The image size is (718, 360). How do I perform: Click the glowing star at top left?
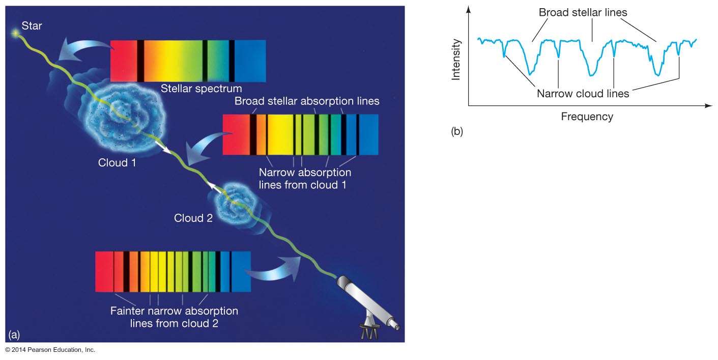[15, 33]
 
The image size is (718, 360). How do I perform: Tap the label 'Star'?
[32, 25]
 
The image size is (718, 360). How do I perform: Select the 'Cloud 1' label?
[117, 162]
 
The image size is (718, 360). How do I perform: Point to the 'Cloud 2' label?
[193, 218]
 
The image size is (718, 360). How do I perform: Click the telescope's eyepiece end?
[396, 326]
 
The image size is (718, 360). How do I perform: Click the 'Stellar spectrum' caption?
[202, 89]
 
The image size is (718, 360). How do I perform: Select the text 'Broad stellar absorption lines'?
[307, 101]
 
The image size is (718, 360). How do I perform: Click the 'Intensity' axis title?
[455, 60]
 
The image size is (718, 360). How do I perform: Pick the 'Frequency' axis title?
[587, 117]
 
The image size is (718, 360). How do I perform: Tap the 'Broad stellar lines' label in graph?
[583, 13]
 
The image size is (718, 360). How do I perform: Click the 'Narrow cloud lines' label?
[583, 94]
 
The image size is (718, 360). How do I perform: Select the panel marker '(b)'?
[457, 131]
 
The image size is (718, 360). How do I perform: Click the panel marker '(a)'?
[14, 335]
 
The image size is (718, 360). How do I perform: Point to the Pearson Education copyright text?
[50, 350]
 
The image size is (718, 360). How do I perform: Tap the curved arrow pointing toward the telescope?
[275, 269]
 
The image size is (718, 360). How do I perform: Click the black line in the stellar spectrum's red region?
[140, 61]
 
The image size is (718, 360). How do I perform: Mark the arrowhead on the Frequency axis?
[709, 105]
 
